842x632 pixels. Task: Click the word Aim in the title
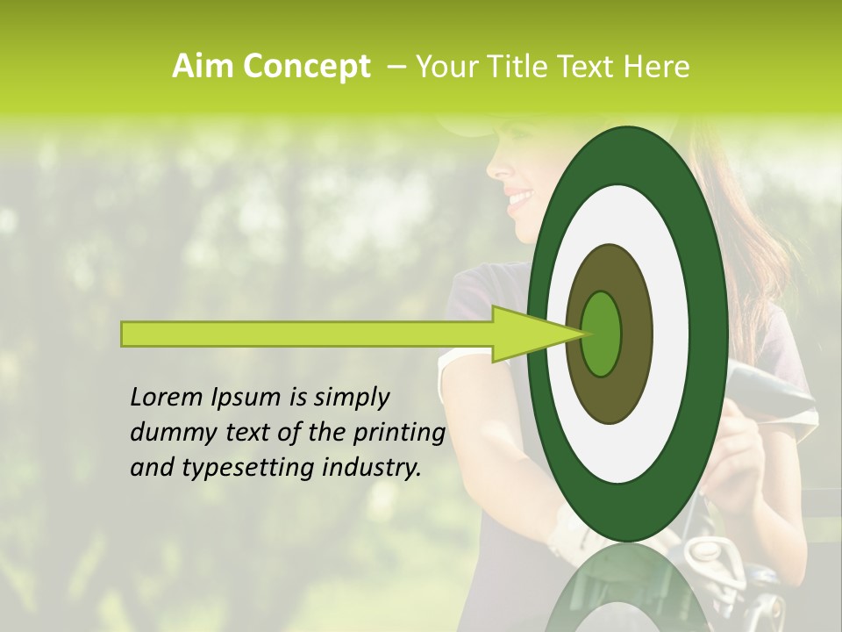pos(203,67)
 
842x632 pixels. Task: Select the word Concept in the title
pos(305,67)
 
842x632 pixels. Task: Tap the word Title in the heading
pos(521,67)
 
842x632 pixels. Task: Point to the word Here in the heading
pos(656,67)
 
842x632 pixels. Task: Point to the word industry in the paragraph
pos(371,468)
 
